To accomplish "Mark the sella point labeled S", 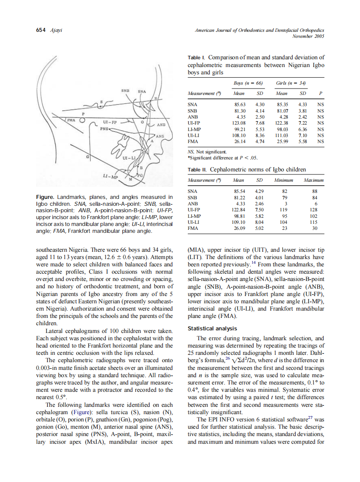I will (101, 102).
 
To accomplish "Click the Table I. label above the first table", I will (196, 58).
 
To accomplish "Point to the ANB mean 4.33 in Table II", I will (239, 204).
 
